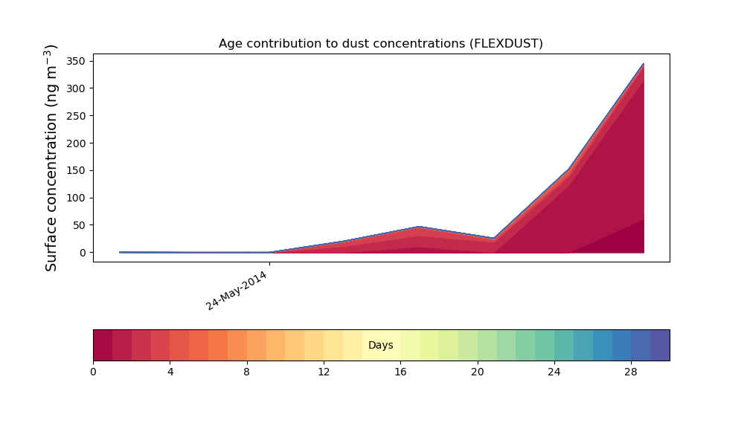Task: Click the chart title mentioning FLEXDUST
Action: pos(380,44)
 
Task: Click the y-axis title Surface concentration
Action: pos(51,158)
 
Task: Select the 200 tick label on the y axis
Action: pos(76,143)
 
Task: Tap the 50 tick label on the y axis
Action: pos(80,225)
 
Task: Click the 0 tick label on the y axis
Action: pos(83,253)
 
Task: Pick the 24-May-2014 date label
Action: pos(237,291)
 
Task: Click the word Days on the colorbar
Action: pos(380,345)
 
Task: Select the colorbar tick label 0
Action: pos(93,372)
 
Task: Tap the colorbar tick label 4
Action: pos(170,372)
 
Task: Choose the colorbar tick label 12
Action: pos(324,372)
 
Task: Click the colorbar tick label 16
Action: pos(400,372)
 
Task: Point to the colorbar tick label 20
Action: pos(478,372)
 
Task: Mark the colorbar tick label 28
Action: pos(631,372)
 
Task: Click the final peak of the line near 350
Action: pos(644,63)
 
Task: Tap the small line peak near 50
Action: pos(419,227)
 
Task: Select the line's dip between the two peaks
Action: pos(494,238)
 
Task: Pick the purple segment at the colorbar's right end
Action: pos(660,345)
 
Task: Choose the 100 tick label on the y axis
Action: pos(76,198)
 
